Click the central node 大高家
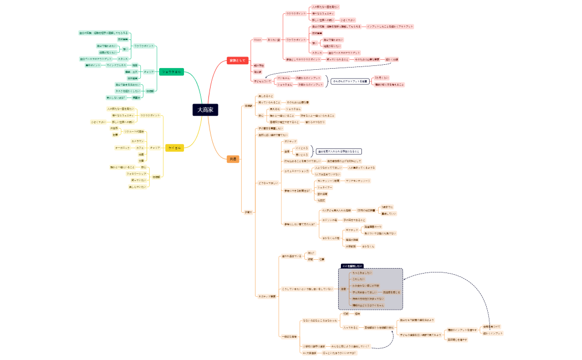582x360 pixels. [x=205, y=110]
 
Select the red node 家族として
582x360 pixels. [x=237, y=60]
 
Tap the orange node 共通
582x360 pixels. [x=233, y=159]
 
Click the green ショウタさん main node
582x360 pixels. [x=171, y=71]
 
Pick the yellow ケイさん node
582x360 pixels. [x=175, y=147]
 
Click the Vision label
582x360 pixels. [x=257, y=40]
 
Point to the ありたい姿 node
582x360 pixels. [x=274, y=40]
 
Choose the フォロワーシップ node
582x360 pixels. [x=136, y=173]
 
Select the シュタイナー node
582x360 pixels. [x=325, y=187]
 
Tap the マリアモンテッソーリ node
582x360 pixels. [x=358, y=181]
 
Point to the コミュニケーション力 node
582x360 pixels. [x=297, y=171]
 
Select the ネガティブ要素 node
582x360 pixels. [x=267, y=296]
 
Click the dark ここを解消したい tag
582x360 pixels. [x=351, y=266]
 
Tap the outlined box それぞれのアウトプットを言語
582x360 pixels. [x=350, y=81]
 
